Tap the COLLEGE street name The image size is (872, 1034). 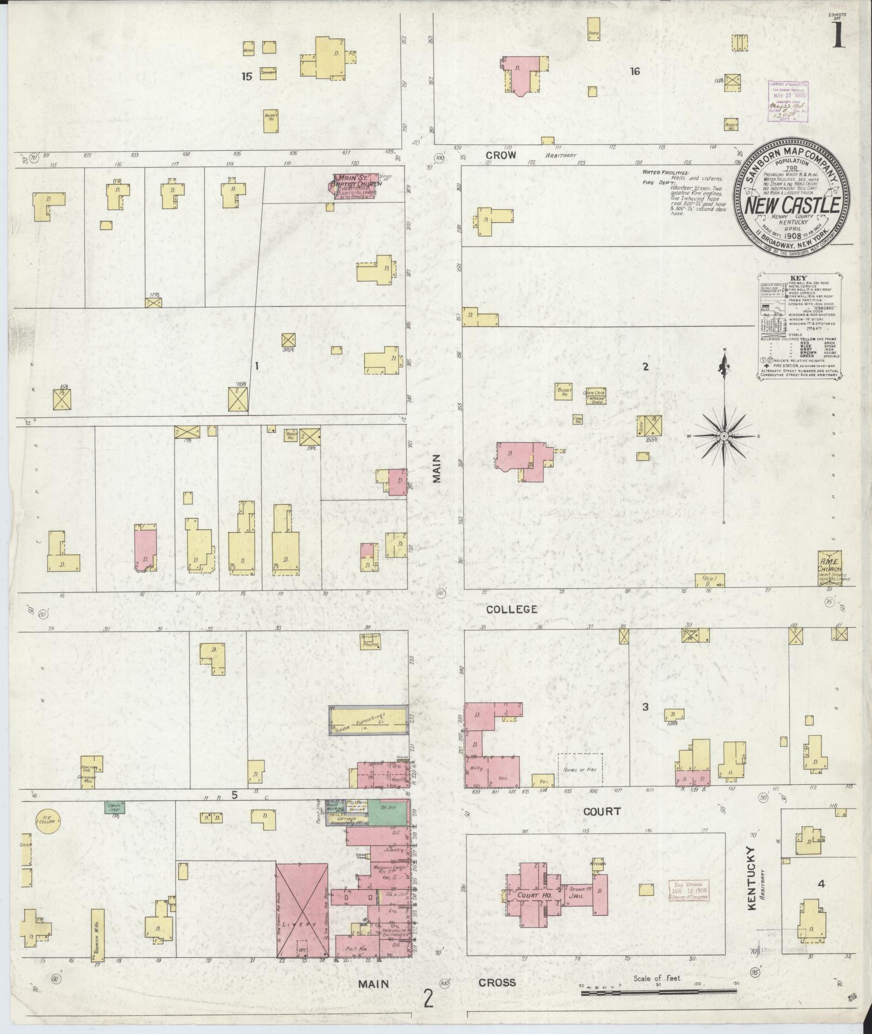click(x=511, y=609)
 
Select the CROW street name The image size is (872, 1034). click(x=502, y=155)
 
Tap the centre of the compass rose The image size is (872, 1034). click(x=724, y=436)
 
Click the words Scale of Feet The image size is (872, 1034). click(x=657, y=978)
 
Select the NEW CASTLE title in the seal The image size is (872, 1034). click(x=792, y=206)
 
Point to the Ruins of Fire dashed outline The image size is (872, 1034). click(x=580, y=769)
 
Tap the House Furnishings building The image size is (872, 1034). click(x=369, y=723)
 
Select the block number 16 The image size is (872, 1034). click(x=635, y=71)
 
